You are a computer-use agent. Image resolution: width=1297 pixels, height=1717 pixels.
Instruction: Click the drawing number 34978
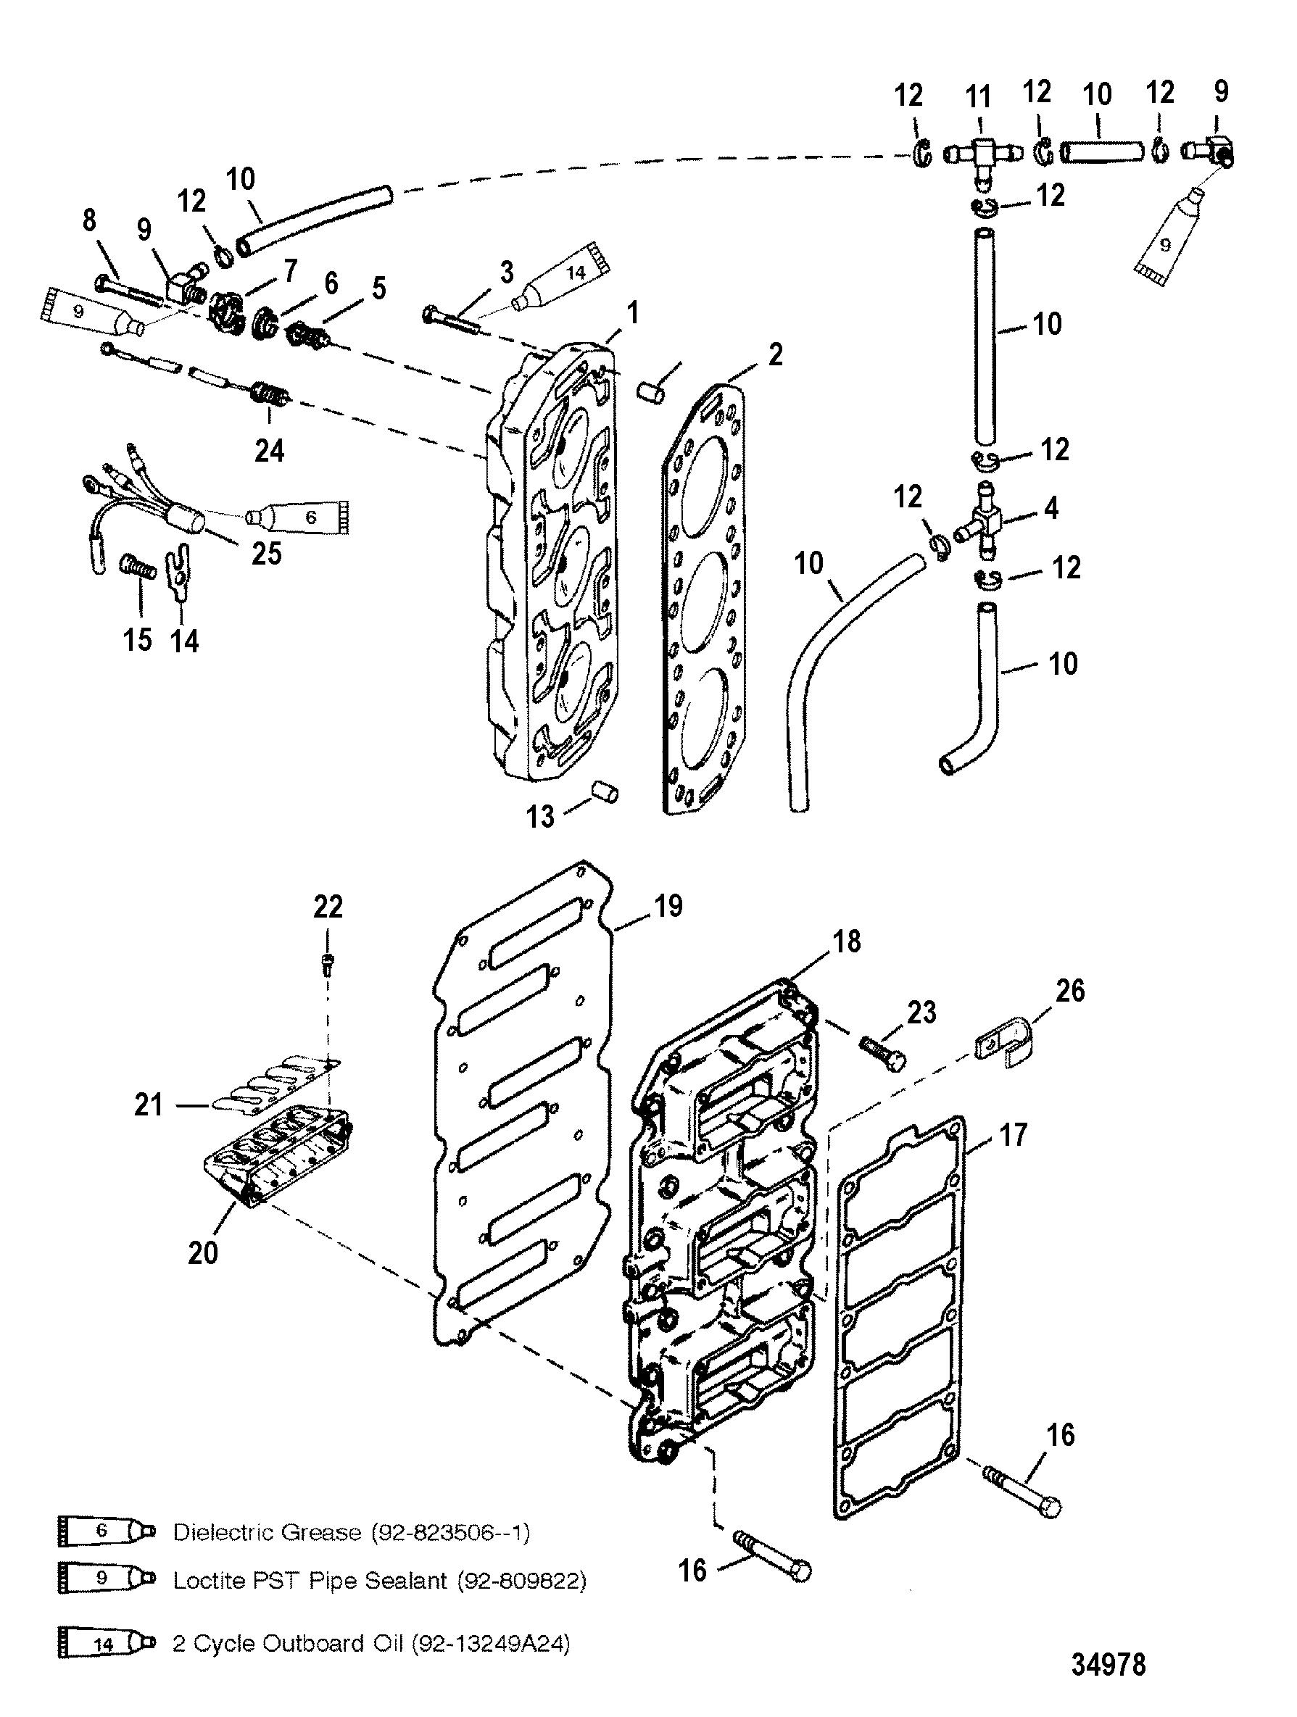(x=1109, y=1664)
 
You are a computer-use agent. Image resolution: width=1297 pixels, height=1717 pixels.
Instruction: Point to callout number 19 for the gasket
(x=668, y=905)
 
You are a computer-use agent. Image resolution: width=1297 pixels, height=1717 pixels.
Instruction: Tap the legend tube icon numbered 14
(x=107, y=1643)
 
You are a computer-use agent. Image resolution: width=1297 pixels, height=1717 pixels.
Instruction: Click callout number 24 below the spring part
(x=269, y=450)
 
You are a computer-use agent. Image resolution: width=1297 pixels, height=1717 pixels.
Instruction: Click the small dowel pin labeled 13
(x=606, y=792)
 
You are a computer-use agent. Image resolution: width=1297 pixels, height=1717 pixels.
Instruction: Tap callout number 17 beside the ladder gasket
(x=1013, y=1135)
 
